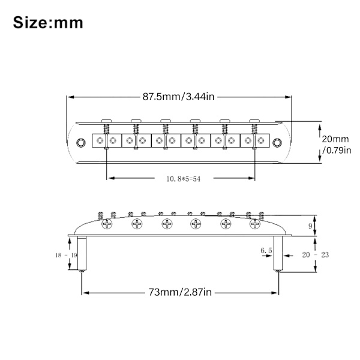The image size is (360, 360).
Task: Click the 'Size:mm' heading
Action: [x=48, y=23]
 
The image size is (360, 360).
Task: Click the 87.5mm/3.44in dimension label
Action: [x=178, y=97]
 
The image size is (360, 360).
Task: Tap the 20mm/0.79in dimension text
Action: [x=337, y=145]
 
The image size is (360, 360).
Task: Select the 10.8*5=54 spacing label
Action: [x=184, y=179]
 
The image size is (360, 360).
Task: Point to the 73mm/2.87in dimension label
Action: [x=180, y=292]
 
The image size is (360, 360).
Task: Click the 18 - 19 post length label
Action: [x=66, y=255]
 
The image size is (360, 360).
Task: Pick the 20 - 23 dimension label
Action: [x=316, y=254]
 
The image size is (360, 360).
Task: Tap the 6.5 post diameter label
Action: [x=266, y=250]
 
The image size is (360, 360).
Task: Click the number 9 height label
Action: [x=310, y=226]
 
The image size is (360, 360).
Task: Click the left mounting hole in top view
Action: [x=81, y=143]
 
